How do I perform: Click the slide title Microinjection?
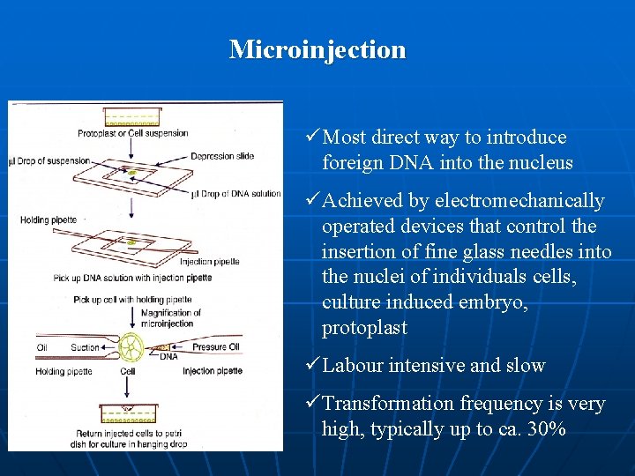[317, 49]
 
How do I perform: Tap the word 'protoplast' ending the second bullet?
[364, 328]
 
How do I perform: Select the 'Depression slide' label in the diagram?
[221, 156]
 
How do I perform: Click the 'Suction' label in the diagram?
[85, 347]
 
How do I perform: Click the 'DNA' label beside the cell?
[168, 357]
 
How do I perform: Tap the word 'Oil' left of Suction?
[42, 347]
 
